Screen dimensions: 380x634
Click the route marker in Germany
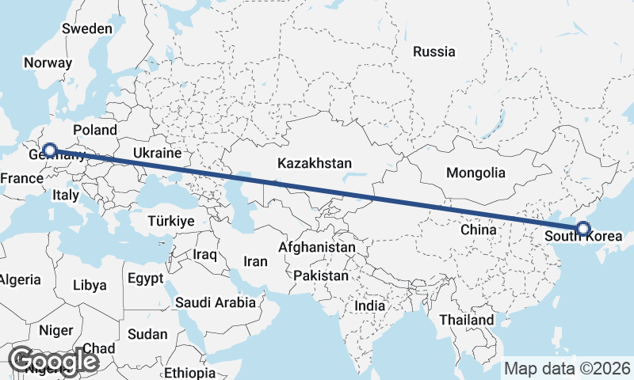point(50,150)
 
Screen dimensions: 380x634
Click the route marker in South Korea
point(583,229)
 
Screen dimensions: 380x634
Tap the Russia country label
point(434,52)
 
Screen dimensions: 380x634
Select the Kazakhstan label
point(315,164)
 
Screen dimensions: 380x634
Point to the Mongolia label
point(475,173)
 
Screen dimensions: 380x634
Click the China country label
point(478,230)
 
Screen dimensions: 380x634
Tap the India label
point(369,306)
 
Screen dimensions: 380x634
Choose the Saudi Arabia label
point(216,302)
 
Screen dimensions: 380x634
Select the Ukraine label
point(157,153)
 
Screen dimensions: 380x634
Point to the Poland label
point(94,130)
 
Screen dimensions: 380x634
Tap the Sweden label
point(87,28)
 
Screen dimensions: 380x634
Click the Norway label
point(48,63)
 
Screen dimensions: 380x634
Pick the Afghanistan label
point(317,247)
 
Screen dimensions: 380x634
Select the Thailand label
point(468,320)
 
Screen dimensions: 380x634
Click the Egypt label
point(145,278)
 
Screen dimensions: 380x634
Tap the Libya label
point(89,285)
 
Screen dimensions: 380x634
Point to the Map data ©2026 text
point(567,368)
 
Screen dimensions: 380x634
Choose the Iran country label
point(255,261)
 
